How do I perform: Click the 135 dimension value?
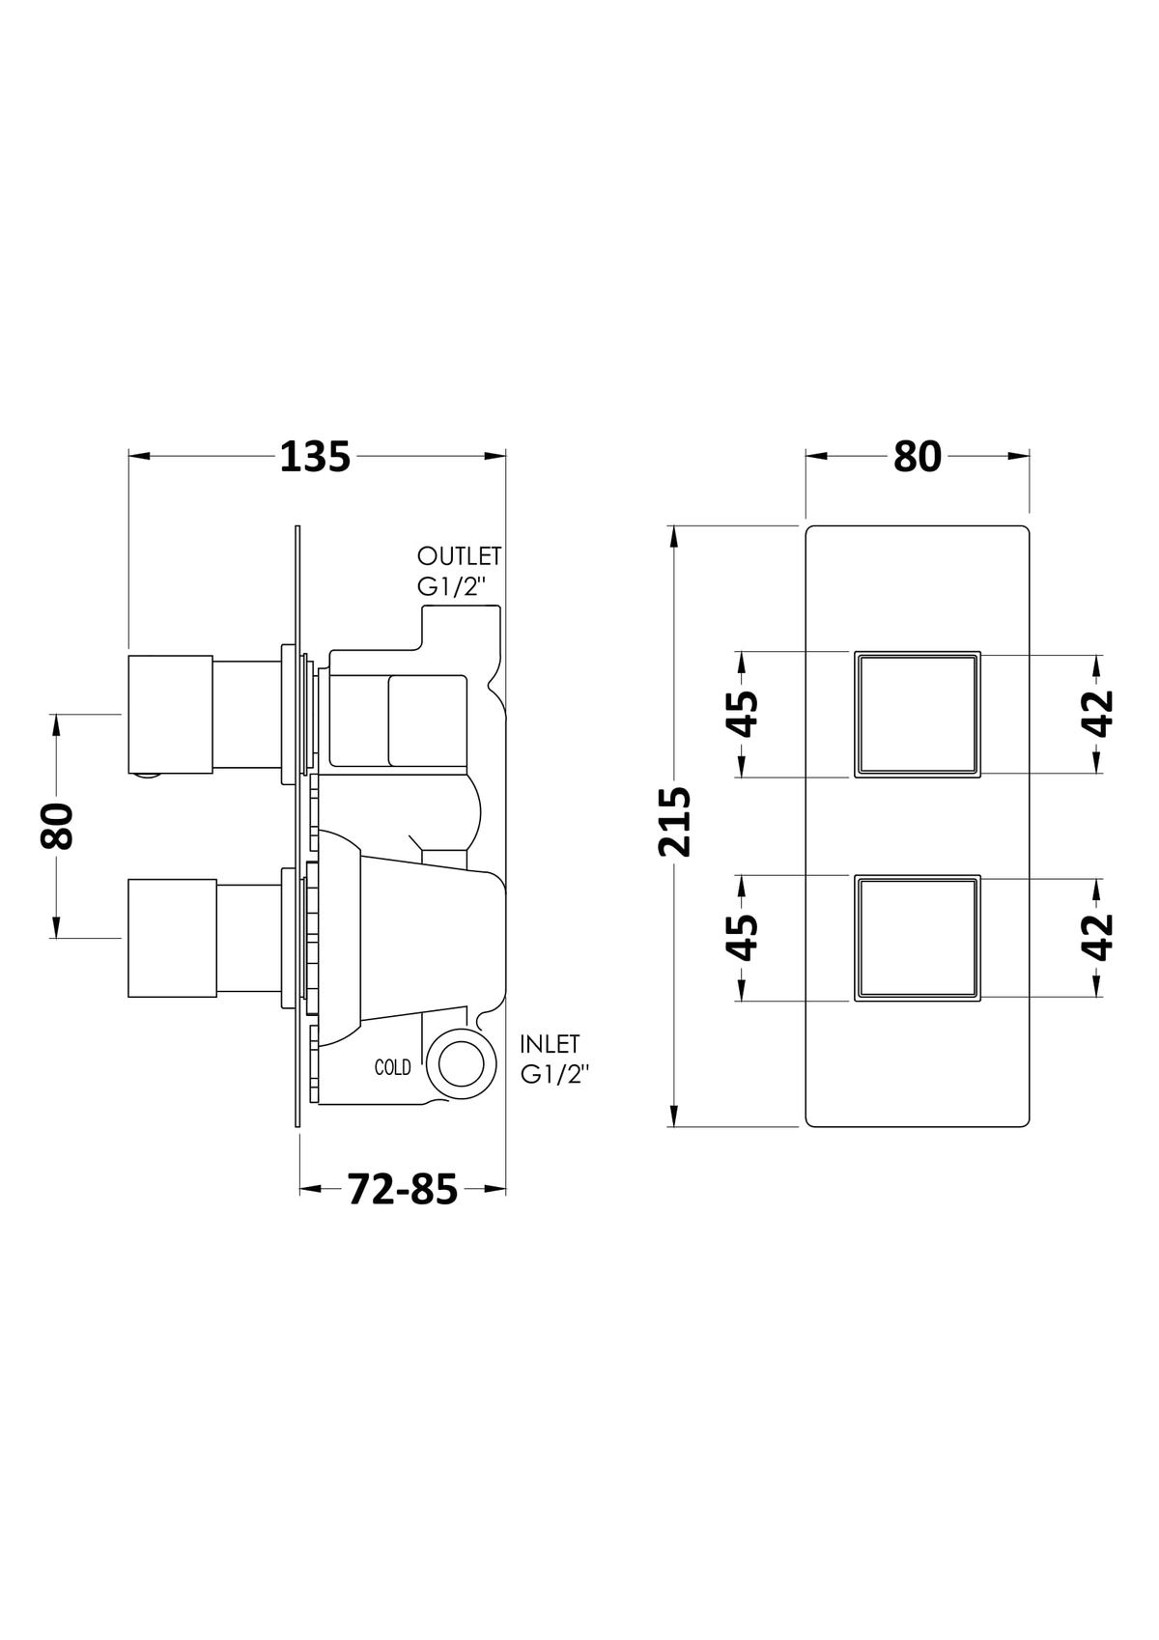coord(316,458)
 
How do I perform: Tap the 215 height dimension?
coord(674,822)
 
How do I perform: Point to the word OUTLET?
coord(459,556)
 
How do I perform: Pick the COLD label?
coord(392,1068)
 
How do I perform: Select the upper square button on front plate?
coord(918,714)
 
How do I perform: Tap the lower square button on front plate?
coord(918,938)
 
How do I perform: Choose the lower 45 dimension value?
coord(742,938)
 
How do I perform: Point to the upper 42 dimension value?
coord(1098,714)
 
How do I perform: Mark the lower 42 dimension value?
coord(1098,938)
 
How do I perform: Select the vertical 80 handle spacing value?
coord(57,826)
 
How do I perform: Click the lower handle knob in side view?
coord(172,938)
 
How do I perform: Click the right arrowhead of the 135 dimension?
coord(495,457)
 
